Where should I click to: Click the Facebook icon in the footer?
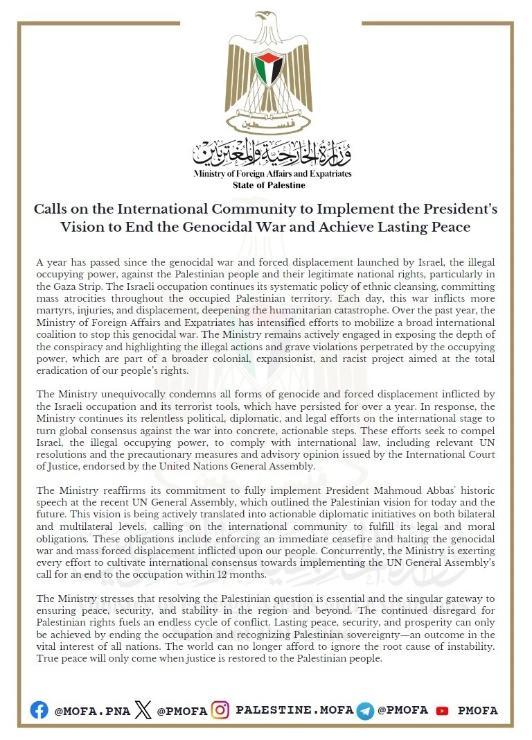point(39,711)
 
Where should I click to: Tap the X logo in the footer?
point(143,710)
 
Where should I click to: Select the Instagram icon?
point(220,710)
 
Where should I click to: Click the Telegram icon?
point(365,711)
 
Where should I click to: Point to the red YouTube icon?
point(442,711)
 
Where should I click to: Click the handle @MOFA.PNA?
point(92,711)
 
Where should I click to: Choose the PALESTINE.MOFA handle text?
point(294,711)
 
